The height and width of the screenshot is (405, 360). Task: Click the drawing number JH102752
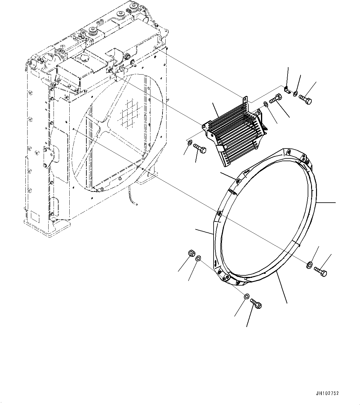327,394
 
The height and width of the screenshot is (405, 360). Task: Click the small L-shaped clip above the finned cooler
287,90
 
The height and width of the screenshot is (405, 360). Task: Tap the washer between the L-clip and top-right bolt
296,93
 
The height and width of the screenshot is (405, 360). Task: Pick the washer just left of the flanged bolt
266,104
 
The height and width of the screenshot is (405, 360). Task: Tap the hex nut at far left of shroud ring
191,254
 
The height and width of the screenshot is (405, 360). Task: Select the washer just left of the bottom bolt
246,297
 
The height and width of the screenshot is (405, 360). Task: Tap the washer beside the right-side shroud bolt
309,265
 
